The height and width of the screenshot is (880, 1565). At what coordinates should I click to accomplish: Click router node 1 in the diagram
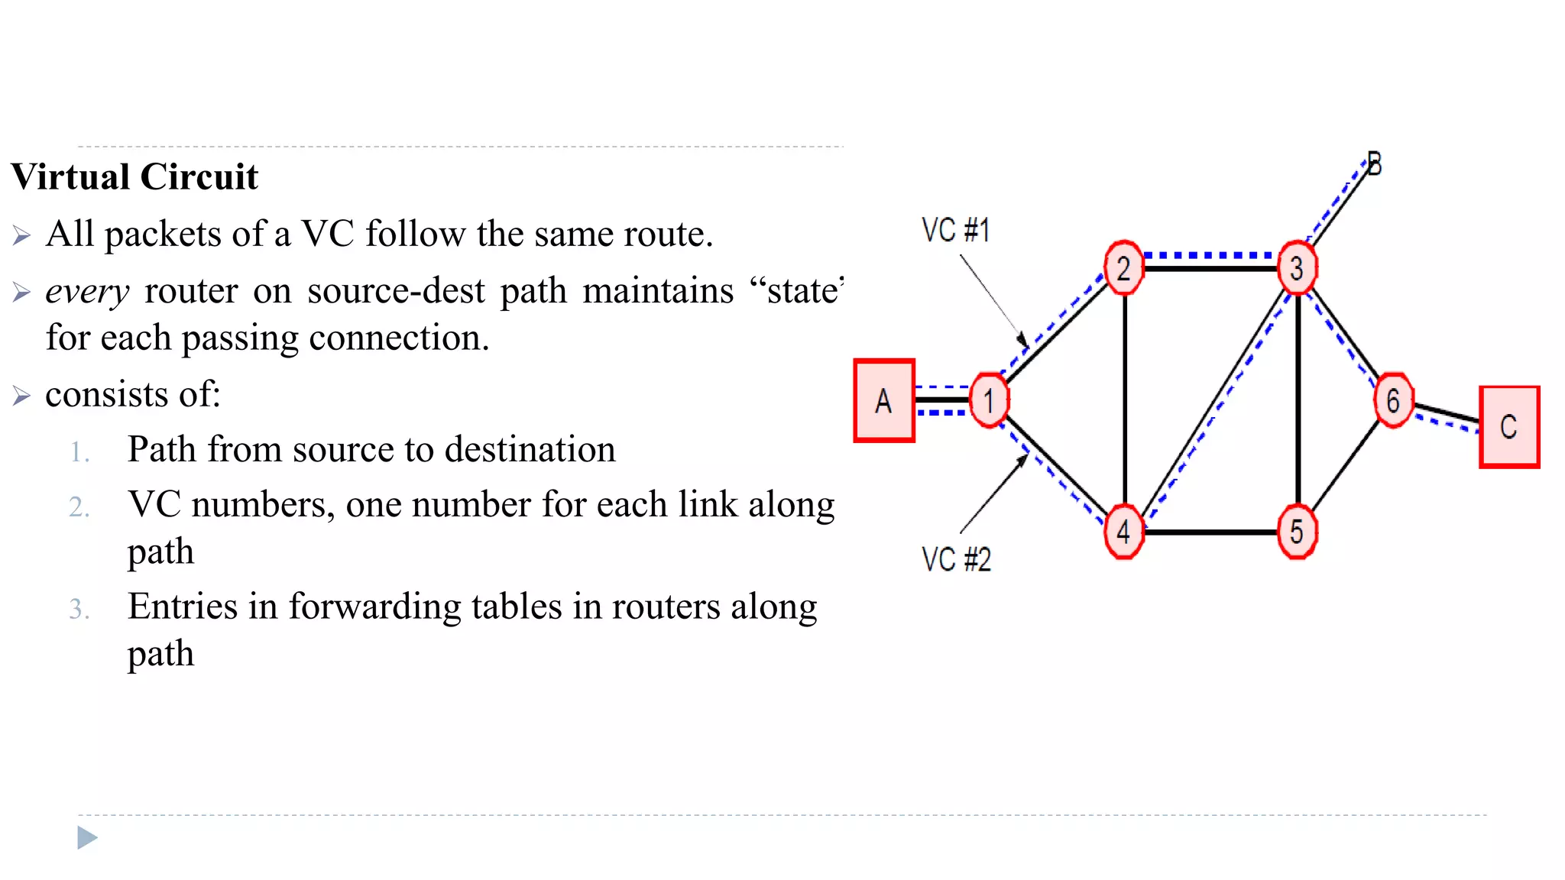[x=989, y=400]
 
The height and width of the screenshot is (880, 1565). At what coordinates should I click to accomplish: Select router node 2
[x=1123, y=268]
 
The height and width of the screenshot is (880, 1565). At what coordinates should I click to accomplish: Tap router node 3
[x=1297, y=268]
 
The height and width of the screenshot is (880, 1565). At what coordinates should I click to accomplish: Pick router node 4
[x=1123, y=532]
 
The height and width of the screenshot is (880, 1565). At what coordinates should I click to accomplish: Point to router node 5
[x=1297, y=532]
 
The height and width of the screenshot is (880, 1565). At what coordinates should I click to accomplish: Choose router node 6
[x=1393, y=400]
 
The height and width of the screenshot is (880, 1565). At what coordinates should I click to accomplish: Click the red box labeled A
[x=884, y=400]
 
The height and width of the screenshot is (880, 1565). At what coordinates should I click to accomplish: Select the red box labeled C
[x=1509, y=426]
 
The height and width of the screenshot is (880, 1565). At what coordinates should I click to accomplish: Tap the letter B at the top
[x=1374, y=164]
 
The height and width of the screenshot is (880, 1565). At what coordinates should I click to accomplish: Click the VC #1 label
[x=955, y=230]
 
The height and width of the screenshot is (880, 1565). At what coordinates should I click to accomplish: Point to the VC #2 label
[x=956, y=559]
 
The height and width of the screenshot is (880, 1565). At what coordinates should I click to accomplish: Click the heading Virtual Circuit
[x=134, y=176]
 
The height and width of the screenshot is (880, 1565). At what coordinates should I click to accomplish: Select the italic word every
[x=87, y=291]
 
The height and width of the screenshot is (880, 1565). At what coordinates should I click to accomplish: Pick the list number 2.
[x=79, y=507]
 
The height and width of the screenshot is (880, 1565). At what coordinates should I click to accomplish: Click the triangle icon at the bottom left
[x=87, y=838]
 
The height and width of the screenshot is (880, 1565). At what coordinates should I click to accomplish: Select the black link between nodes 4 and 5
[x=1210, y=532]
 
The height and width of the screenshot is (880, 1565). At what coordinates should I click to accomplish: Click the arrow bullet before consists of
[x=21, y=396]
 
